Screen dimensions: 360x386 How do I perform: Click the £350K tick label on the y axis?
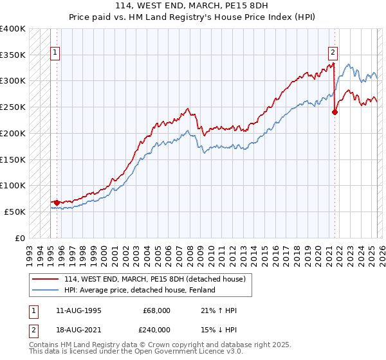pos(13,55)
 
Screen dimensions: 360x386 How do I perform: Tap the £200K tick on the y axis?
pos(13,134)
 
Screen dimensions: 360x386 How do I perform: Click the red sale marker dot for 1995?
pos(57,203)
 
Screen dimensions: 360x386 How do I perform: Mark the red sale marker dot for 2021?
pos(335,112)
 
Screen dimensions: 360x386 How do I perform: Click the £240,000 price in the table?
pos(156,330)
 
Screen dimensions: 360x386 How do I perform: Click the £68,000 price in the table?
pos(156,310)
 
